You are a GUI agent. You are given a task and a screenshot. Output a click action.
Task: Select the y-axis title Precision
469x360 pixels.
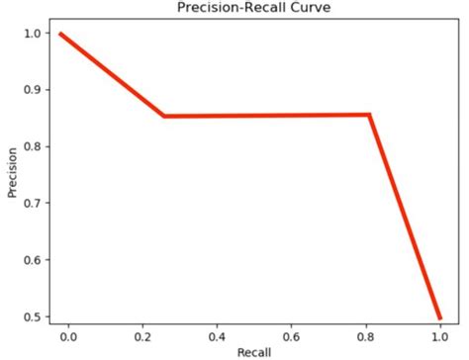click(13, 174)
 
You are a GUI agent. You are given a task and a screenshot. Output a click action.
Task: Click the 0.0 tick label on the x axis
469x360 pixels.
click(68, 336)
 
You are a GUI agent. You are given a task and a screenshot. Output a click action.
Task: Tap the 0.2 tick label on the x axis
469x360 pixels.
click(142, 336)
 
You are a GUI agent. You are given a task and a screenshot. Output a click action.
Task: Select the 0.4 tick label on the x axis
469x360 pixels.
click(217, 336)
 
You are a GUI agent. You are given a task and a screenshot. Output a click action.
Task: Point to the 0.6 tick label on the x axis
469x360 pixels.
click(291, 336)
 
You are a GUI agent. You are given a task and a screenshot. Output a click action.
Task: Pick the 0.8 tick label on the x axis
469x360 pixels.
click(365, 336)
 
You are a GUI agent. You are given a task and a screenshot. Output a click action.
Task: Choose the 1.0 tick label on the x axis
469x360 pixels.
click(439, 336)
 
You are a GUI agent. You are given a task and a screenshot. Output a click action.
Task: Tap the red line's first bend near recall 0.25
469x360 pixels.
click(164, 116)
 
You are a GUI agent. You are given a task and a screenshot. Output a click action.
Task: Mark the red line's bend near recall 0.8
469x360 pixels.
click(369, 115)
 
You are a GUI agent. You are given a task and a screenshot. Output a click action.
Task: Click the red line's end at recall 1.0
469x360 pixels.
click(439, 318)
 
